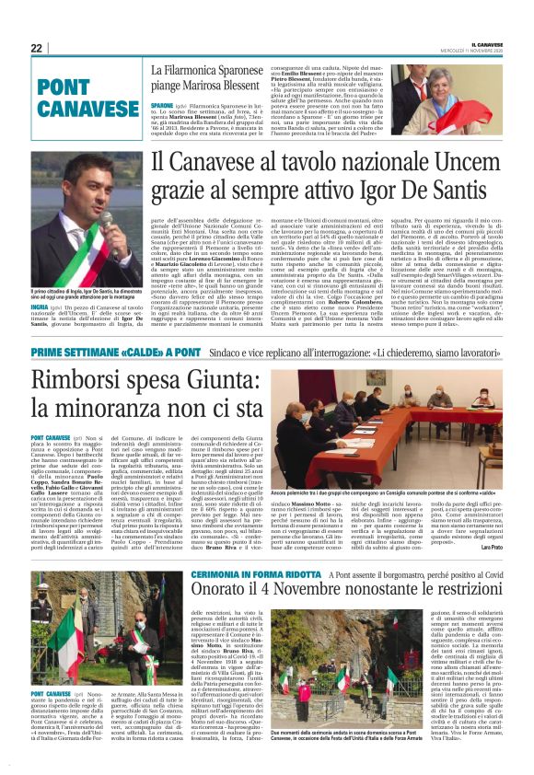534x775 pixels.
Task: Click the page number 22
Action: click(37, 47)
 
